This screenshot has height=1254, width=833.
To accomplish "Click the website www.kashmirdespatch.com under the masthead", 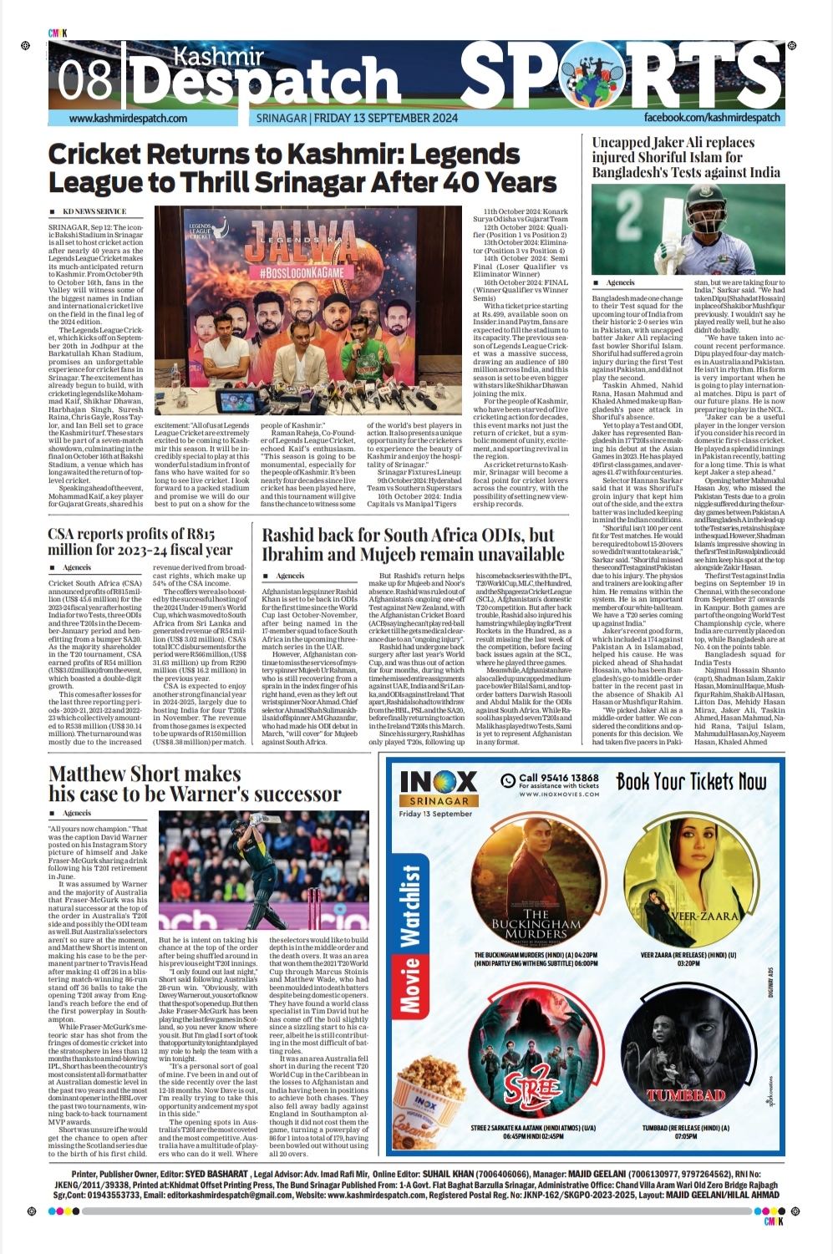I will pyautogui.click(x=129, y=119).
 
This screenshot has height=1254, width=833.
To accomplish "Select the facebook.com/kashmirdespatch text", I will pyautogui.click(x=712, y=118).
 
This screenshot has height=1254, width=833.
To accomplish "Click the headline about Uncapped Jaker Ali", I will pyautogui.click(x=686, y=158).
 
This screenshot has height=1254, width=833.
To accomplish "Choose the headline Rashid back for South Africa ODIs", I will pyautogui.click(x=414, y=544).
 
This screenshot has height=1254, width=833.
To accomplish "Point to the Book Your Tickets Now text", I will pyautogui.click(x=691, y=782).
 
